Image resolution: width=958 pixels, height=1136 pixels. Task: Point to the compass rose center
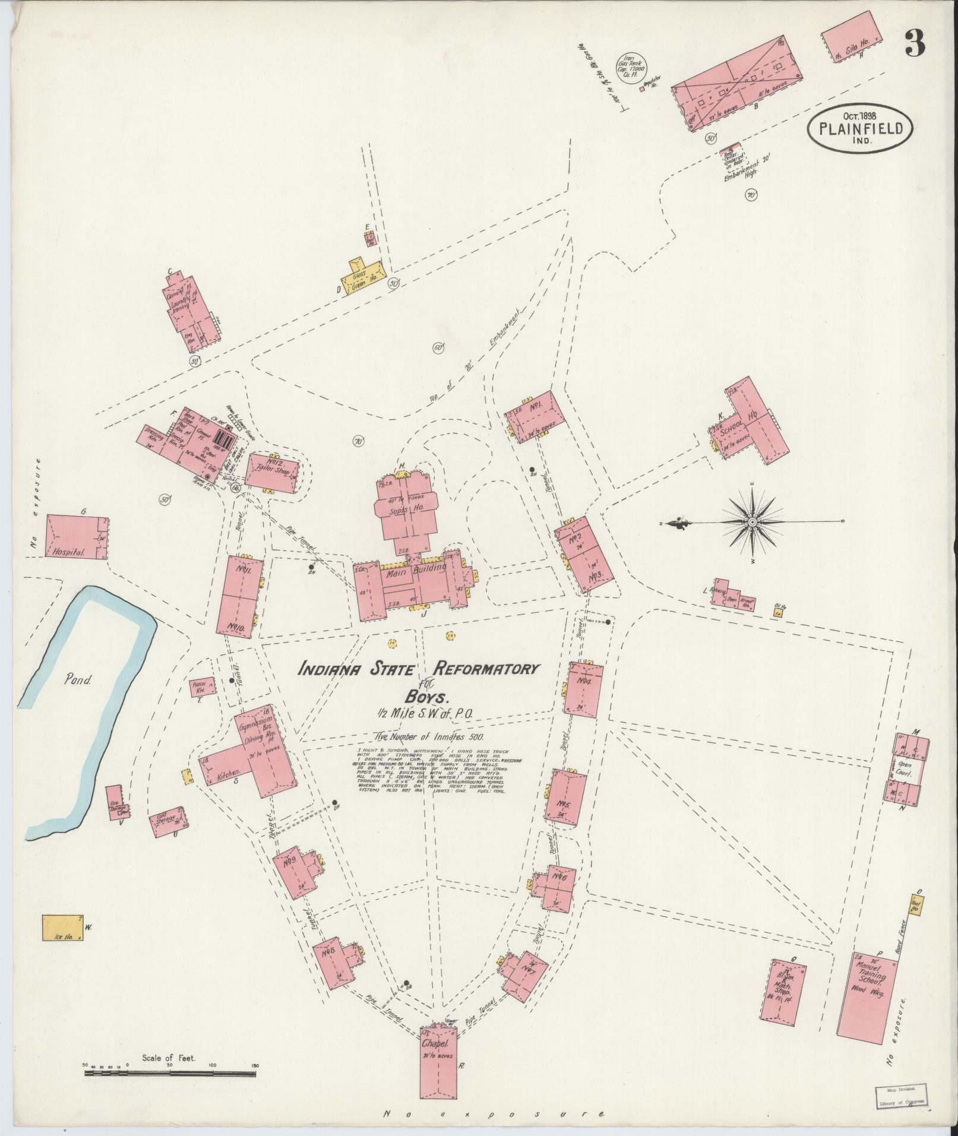click(752, 522)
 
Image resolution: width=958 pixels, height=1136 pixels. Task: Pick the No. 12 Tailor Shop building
click(272, 473)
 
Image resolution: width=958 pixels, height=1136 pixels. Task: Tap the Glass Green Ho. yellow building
click(362, 276)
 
